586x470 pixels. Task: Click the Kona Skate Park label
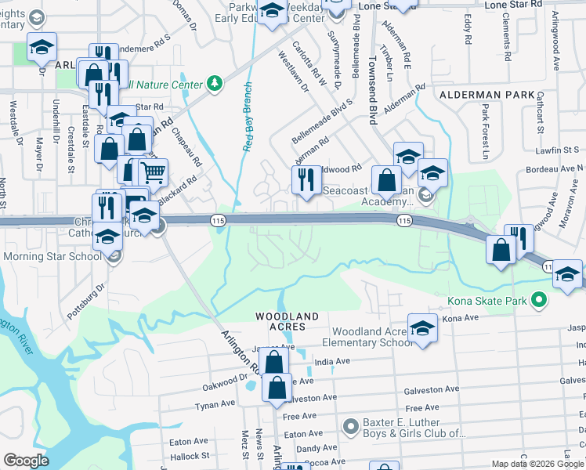[485, 300]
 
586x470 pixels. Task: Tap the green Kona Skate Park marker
[537, 300]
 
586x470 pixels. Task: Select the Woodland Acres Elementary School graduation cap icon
[422, 327]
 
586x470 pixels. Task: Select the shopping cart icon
[154, 172]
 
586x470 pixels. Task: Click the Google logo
[26, 461]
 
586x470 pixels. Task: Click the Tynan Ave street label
[215, 404]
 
